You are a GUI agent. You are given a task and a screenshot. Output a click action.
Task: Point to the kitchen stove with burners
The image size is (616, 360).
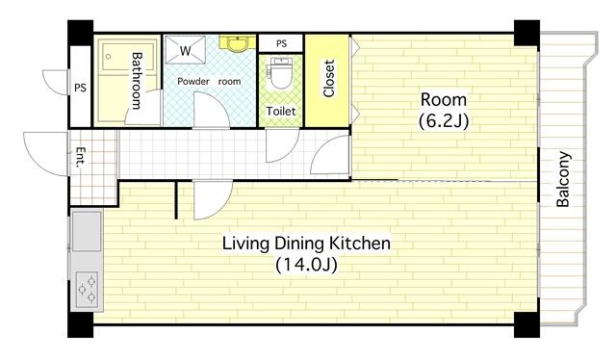point(87,287)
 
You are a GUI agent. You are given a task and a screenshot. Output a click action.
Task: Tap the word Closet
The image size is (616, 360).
point(329,79)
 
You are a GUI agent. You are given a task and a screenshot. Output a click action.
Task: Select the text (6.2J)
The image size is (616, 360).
point(443,121)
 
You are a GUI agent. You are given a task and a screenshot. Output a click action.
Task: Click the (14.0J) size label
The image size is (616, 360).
point(307,264)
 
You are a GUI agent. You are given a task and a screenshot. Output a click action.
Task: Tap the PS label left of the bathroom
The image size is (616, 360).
point(80,88)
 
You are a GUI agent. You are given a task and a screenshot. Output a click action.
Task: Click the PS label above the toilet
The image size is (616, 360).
point(281,43)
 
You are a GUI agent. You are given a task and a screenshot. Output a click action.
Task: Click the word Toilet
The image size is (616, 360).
point(281,112)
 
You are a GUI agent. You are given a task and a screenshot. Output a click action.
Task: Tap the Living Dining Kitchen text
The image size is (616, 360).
point(307,243)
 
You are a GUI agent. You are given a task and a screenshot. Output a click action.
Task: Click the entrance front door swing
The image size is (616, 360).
point(46,154)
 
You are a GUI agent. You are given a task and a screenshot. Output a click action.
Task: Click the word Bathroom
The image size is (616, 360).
point(138,81)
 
